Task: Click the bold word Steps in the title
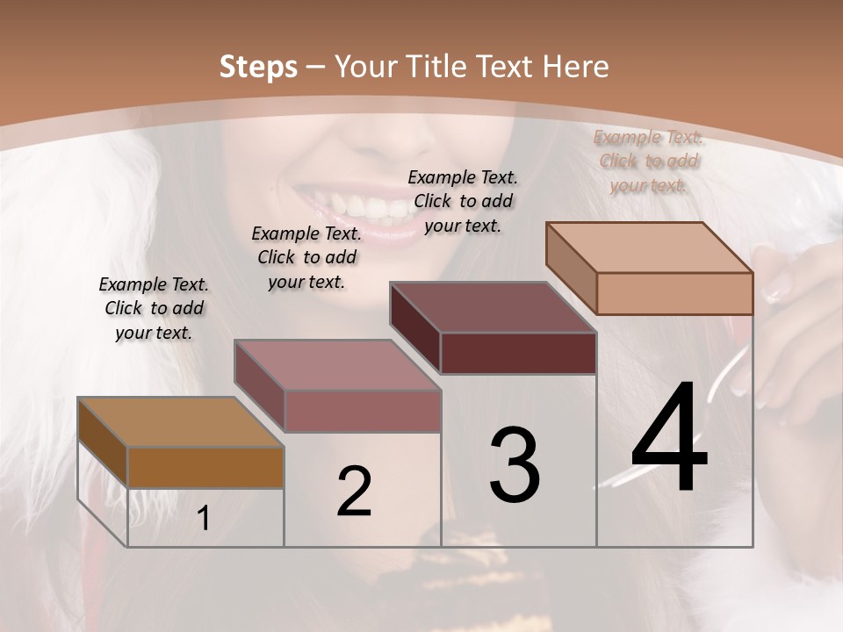pos(257,67)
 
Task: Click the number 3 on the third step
pos(515,464)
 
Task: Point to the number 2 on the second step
pos(355,492)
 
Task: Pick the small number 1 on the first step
pos(204,519)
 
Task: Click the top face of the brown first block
pos(180,423)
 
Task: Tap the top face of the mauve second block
pos(336,365)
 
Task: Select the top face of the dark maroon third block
pos(493,307)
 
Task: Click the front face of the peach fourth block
pos(674,293)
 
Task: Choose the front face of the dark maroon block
pos(518,353)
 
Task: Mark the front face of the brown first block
pos(205,468)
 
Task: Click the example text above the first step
pos(154,309)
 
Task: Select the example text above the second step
pos(306,257)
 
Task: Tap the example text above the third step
pos(463,201)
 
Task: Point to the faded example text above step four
pos(649,161)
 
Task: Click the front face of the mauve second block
pos(362,411)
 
